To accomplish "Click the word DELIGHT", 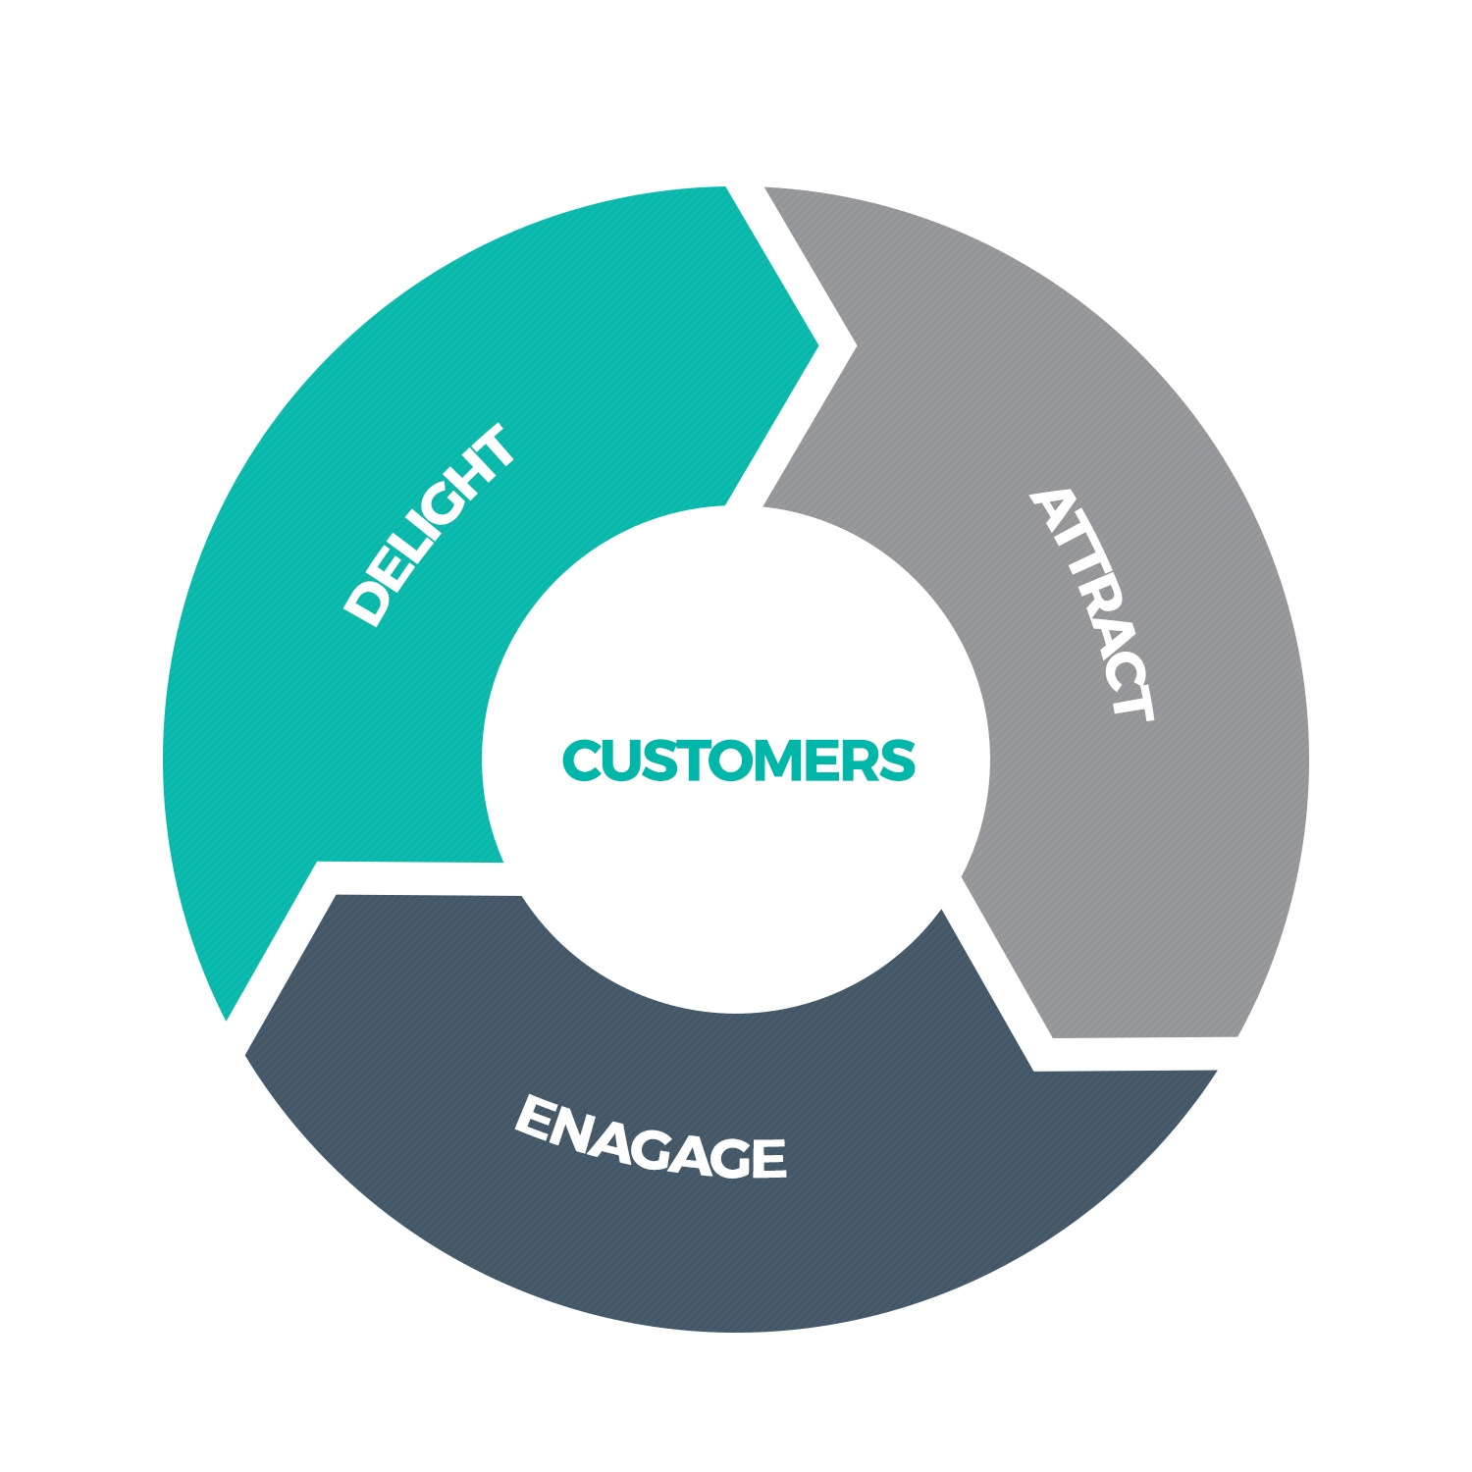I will coord(429,525).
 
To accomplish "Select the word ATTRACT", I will coord(1092,604).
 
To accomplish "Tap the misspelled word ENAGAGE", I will coord(650,1137).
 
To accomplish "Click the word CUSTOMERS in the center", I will coord(738,761).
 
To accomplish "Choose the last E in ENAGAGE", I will coord(764,1158).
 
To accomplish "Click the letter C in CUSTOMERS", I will coord(584,761).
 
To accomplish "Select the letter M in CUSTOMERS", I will coord(770,761).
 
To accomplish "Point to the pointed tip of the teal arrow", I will coord(817,345).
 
